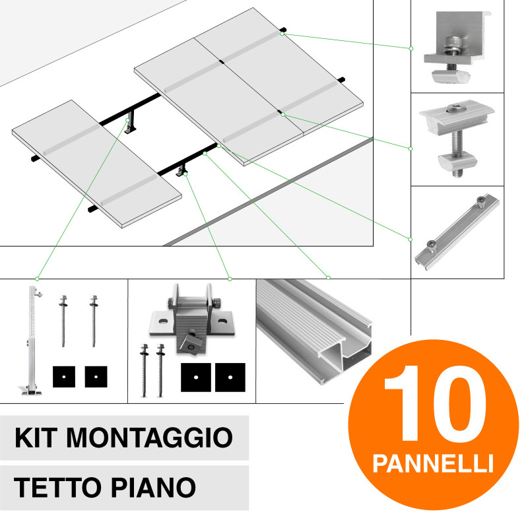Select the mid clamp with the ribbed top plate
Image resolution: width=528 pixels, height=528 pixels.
point(455,138)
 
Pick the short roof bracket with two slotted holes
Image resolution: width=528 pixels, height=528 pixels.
point(191,320)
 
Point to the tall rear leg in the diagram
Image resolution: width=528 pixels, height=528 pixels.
point(130,121)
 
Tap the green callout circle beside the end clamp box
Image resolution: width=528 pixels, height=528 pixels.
point(411,48)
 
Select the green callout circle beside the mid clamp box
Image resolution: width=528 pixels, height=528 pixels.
point(411,148)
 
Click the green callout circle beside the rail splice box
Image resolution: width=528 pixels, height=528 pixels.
point(411,238)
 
